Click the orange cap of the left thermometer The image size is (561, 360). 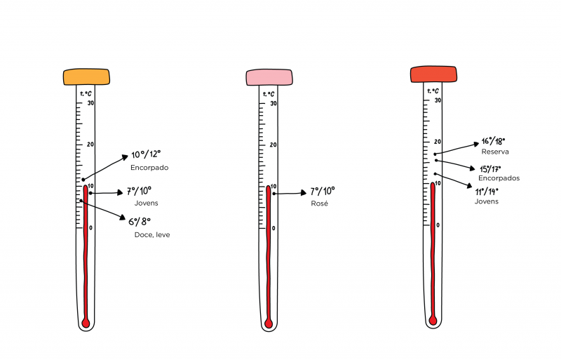point(86,76)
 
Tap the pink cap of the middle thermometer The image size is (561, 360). point(269,77)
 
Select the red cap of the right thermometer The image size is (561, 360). point(433,74)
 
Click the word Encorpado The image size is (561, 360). point(149,168)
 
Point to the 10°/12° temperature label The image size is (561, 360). point(146,154)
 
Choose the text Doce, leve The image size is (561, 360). point(152,235)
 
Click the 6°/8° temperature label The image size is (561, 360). point(140,222)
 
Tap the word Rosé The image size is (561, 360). point(320,204)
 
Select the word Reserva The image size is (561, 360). point(495,152)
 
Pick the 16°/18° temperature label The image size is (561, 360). point(494,141)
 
